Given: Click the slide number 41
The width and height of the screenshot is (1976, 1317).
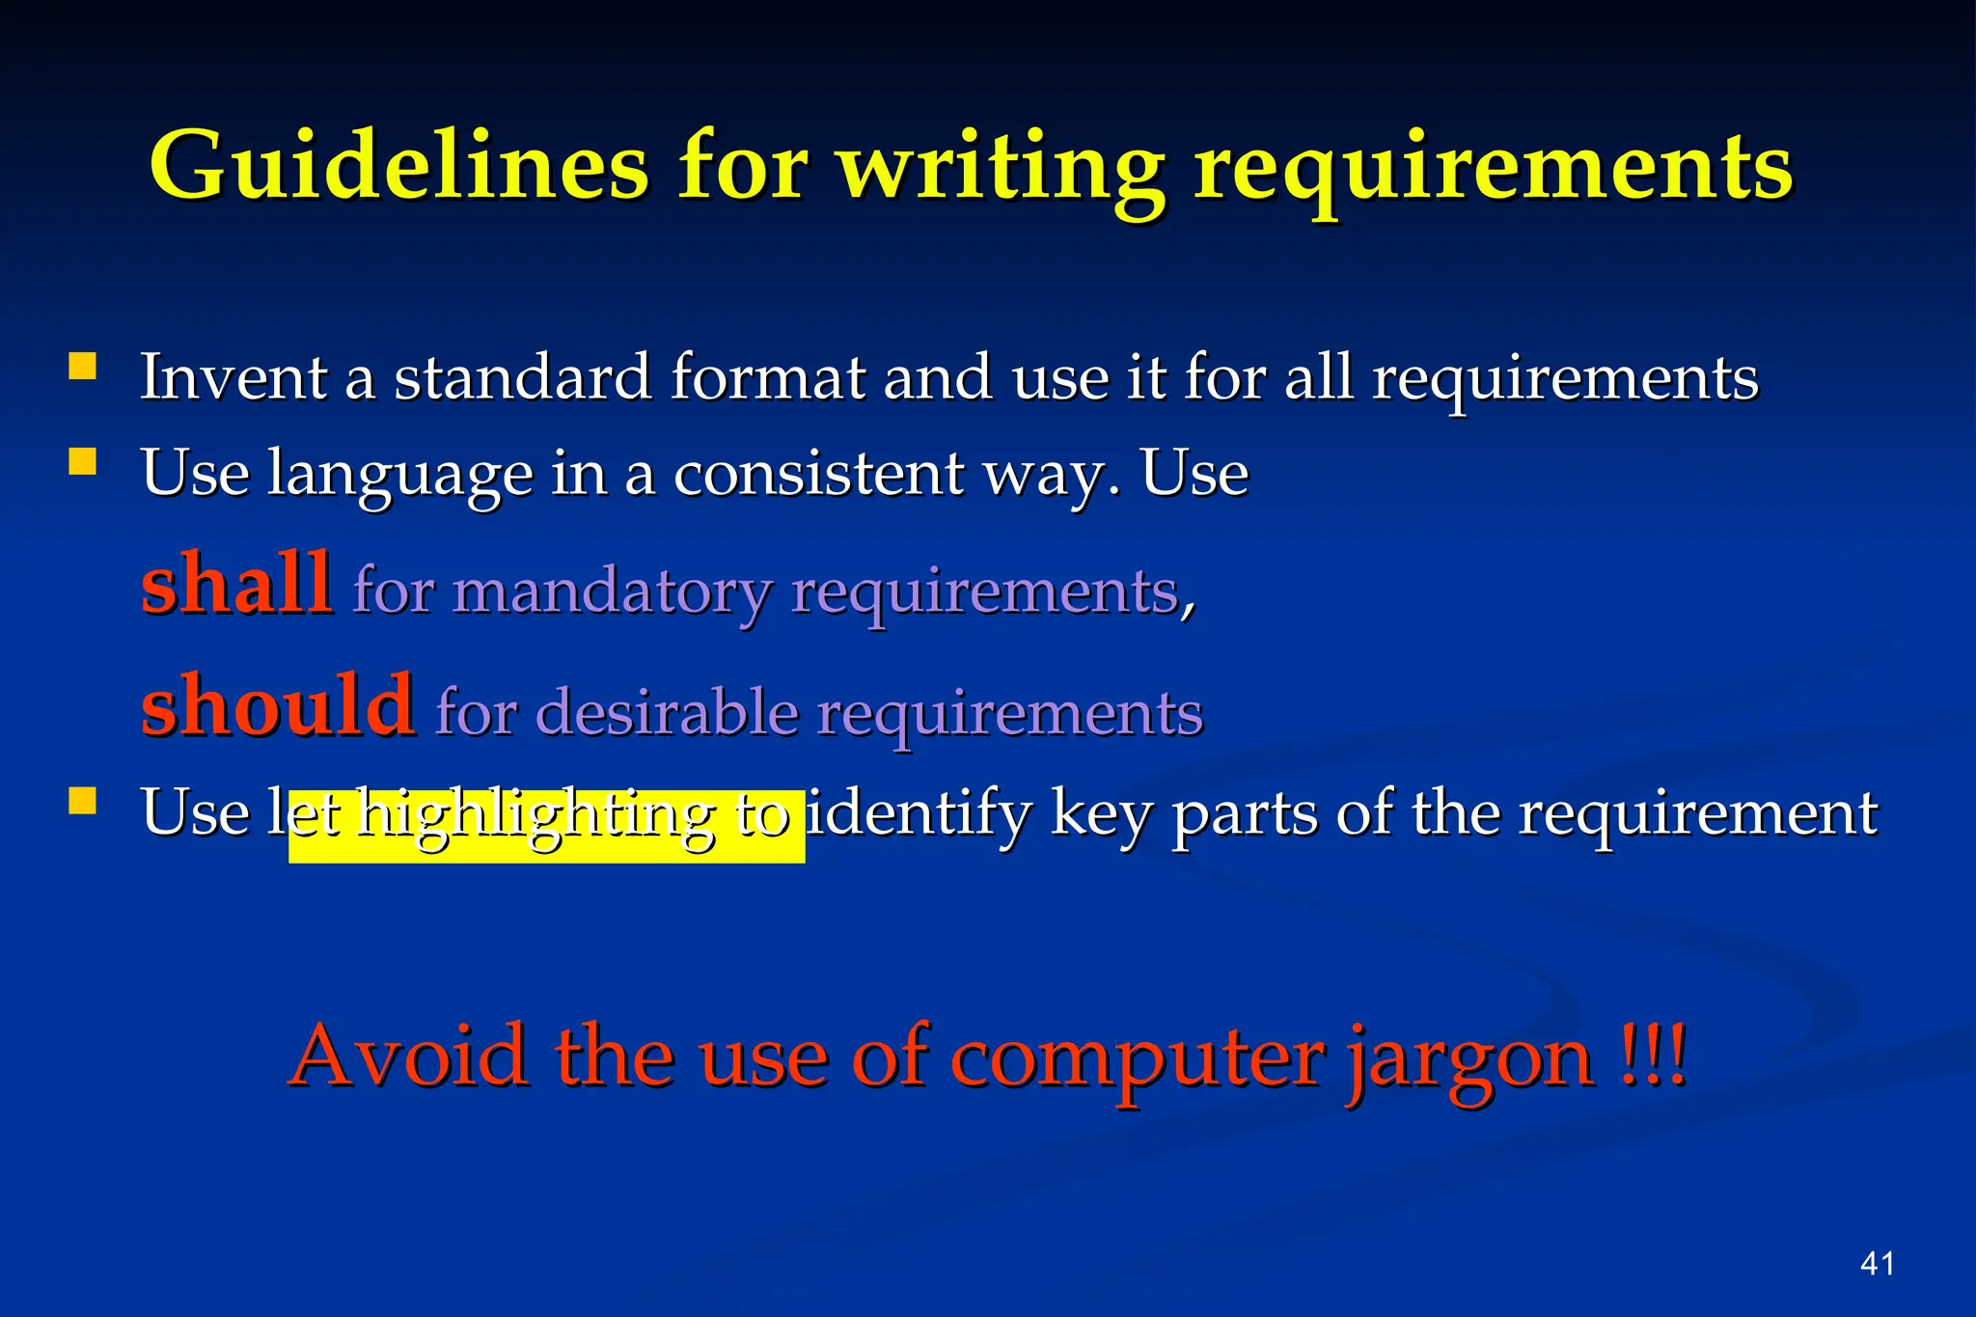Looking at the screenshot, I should (1877, 1264).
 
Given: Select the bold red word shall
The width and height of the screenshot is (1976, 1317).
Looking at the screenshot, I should (236, 584).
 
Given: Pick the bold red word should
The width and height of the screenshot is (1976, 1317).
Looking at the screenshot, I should (278, 704).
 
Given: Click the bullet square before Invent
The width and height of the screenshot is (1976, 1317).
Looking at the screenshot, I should (83, 367).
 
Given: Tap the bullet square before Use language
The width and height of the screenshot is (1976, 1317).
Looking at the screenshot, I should (83, 462).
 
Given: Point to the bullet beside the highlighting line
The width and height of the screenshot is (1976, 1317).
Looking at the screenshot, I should (83, 802).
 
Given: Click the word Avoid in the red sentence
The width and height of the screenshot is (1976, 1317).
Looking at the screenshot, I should (410, 1056).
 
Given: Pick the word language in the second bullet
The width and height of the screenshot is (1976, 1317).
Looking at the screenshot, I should (399, 475).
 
